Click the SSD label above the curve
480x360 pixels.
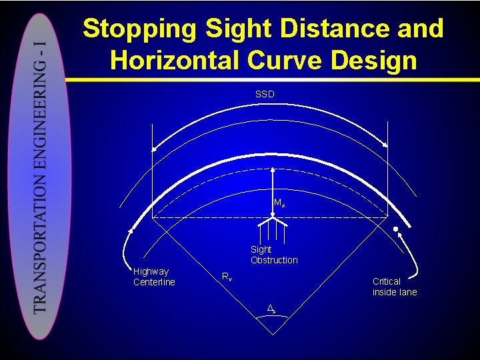click(x=265, y=94)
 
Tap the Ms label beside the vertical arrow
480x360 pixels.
click(x=279, y=203)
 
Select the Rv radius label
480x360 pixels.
click(x=227, y=277)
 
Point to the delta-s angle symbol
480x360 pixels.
click(x=271, y=309)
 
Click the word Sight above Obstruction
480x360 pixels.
click(x=261, y=250)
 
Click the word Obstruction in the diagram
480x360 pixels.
click(x=274, y=260)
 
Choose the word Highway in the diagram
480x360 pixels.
click(x=151, y=271)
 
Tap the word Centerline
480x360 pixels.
click(x=154, y=282)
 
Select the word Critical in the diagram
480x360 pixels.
click(x=387, y=281)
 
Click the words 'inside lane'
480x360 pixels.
click(x=395, y=292)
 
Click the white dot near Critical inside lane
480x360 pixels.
click(x=395, y=230)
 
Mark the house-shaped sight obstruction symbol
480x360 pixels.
click(x=273, y=227)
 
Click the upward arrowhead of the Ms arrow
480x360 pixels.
click(x=273, y=171)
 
